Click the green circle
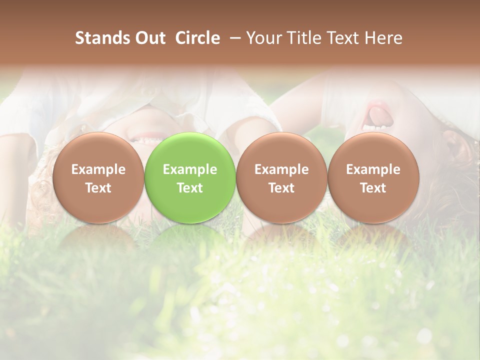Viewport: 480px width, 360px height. pyautogui.click(x=190, y=177)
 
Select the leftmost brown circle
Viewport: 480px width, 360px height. pyautogui.click(x=98, y=177)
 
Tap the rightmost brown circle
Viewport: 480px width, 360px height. pyautogui.click(x=373, y=177)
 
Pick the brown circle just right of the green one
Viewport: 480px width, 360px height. pyautogui.click(x=281, y=177)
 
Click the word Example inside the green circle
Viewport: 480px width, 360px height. pyautogui.click(x=190, y=169)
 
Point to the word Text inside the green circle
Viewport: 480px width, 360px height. pyautogui.click(x=190, y=188)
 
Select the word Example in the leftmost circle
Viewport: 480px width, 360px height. pyautogui.click(x=98, y=169)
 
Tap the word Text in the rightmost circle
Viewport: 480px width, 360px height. pyautogui.click(x=373, y=188)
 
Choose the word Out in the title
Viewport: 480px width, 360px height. pyautogui.click(x=149, y=38)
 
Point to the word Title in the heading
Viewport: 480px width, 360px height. pyautogui.click(x=302, y=38)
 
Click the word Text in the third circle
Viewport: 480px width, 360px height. pyautogui.click(x=281, y=188)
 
